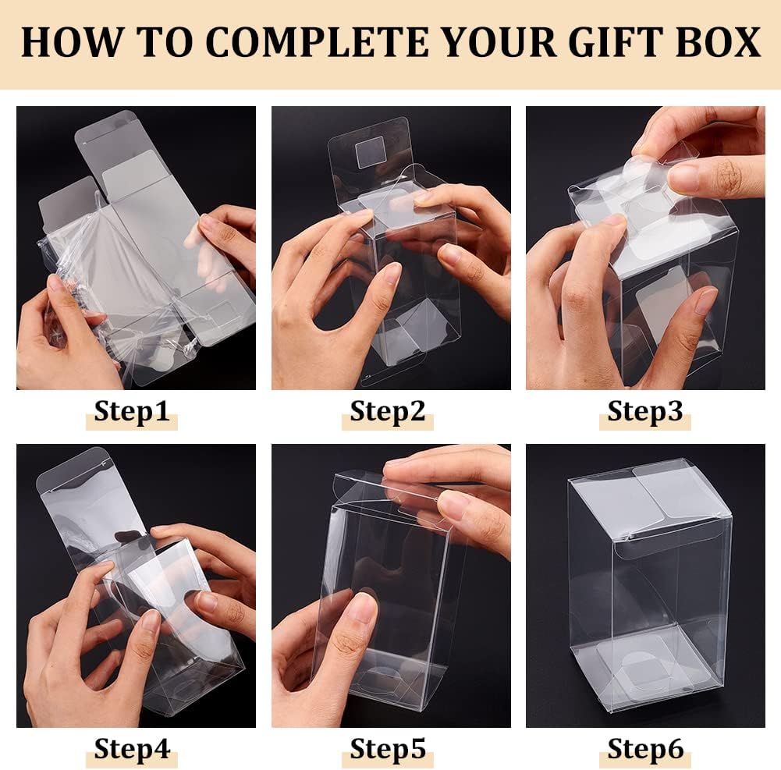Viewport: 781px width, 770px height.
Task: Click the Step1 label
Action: (131, 411)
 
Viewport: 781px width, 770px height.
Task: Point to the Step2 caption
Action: (387, 411)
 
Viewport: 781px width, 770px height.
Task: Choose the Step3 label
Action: (644, 411)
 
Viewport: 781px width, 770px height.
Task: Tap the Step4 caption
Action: (131, 749)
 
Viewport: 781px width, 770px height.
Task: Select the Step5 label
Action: (387, 749)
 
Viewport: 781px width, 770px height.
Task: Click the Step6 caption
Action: (644, 749)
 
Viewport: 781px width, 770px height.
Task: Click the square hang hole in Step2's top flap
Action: (371, 151)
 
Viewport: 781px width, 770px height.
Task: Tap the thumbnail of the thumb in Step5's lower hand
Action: (361, 607)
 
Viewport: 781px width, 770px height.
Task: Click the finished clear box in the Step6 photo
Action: (648, 585)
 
